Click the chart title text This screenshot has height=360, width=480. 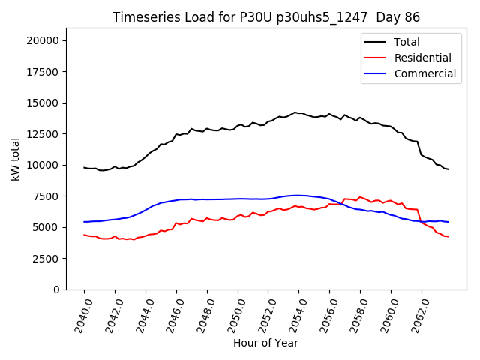(266, 17)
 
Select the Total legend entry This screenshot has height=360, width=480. (407, 42)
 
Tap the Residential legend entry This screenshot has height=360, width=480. (422, 58)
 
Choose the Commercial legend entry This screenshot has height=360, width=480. (424, 73)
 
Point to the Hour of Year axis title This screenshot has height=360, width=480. (265, 343)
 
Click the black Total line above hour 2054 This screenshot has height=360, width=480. (299, 113)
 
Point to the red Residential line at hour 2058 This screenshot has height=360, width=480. (360, 197)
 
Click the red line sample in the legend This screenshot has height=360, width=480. (376, 58)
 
